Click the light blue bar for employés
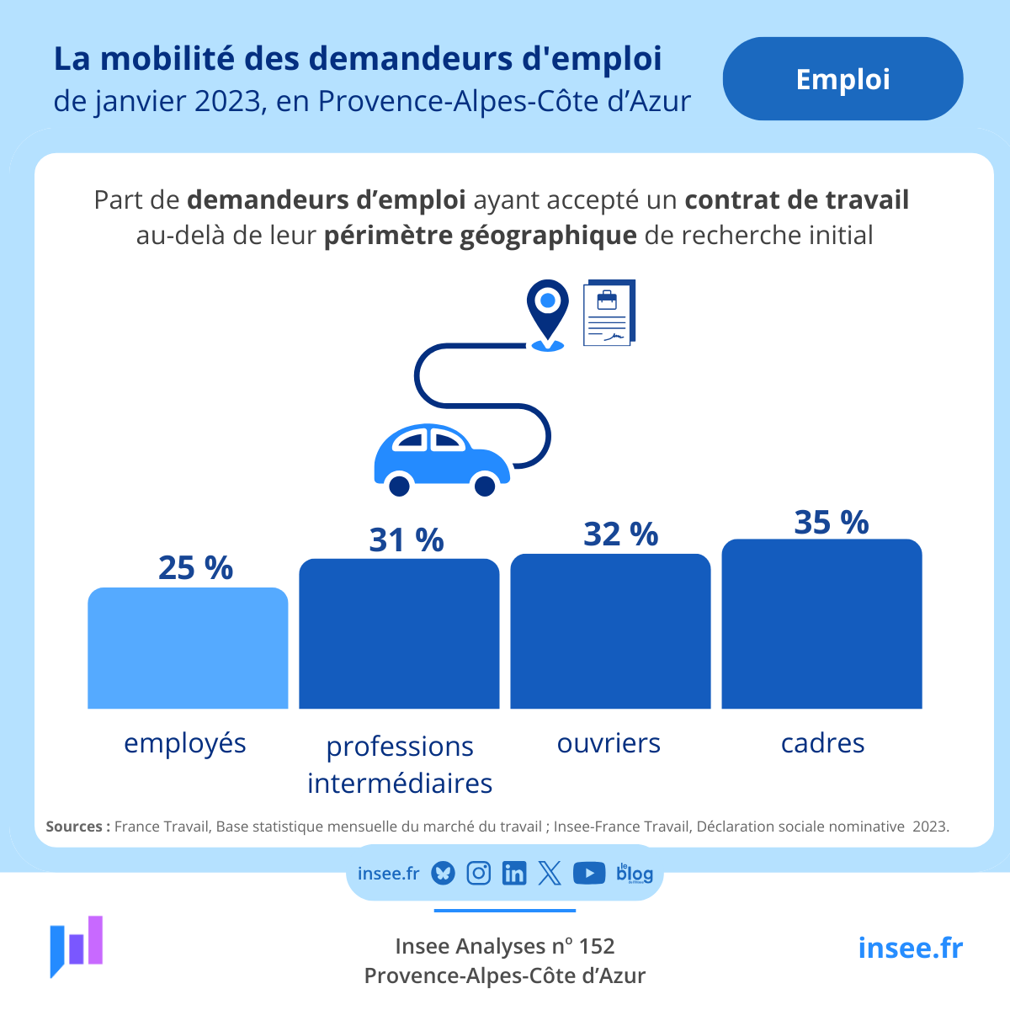click(x=188, y=648)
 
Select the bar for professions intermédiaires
click(x=399, y=634)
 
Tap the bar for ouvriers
click(x=610, y=631)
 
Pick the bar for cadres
click(x=821, y=624)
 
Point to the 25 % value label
click(x=195, y=568)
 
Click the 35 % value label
click(x=831, y=523)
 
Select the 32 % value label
click(x=620, y=534)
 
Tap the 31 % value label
click(x=406, y=540)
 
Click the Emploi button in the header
click(x=843, y=79)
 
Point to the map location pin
click(x=548, y=311)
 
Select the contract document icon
click(x=609, y=313)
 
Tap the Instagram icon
click(x=479, y=874)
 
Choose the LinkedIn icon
click(x=513, y=874)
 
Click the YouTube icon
click(x=589, y=874)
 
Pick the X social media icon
click(x=550, y=874)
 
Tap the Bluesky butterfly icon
click(x=444, y=874)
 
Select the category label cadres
click(x=822, y=743)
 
